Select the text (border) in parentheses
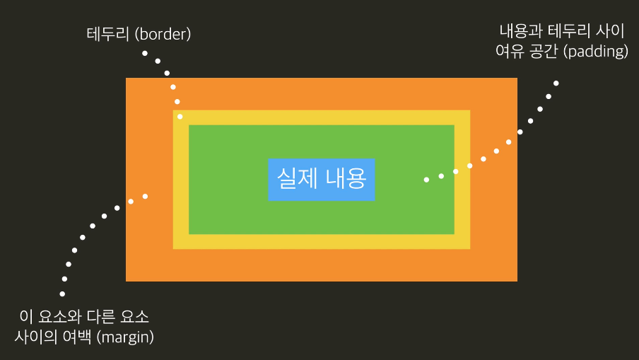point(163,33)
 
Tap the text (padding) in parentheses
point(593,52)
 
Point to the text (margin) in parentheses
point(126,336)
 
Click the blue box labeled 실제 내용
point(322,179)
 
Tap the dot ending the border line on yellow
point(180,116)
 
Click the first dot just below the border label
point(144,53)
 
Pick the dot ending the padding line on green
point(426,180)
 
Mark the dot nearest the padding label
point(556,83)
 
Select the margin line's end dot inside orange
point(145,196)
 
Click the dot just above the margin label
point(62,294)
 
